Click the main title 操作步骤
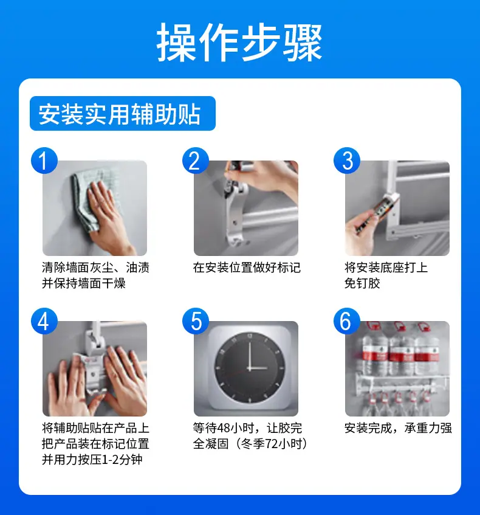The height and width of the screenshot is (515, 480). (x=239, y=43)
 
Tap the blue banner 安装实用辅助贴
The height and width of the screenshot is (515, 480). (x=123, y=113)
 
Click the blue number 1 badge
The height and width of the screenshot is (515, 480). (x=44, y=161)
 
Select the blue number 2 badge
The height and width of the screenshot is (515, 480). (x=196, y=161)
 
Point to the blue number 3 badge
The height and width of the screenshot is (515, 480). (x=347, y=161)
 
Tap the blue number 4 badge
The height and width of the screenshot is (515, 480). (x=44, y=321)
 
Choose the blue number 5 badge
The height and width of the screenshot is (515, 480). (x=196, y=321)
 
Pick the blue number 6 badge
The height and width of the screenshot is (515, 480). (x=347, y=321)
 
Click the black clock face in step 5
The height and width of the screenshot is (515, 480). (x=250, y=367)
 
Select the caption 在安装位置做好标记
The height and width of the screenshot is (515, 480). (x=247, y=268)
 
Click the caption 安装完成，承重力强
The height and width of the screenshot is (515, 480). (x=398, y=428)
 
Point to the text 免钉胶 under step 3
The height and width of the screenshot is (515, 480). (x=362, y=283)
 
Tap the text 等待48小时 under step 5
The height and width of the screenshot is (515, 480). (x=223, y=428)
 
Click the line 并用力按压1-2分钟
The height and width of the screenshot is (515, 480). (x=92, y=460)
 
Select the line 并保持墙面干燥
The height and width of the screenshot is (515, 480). (x=84, y=283)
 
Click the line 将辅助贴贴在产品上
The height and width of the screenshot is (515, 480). (x=95, y=428)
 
